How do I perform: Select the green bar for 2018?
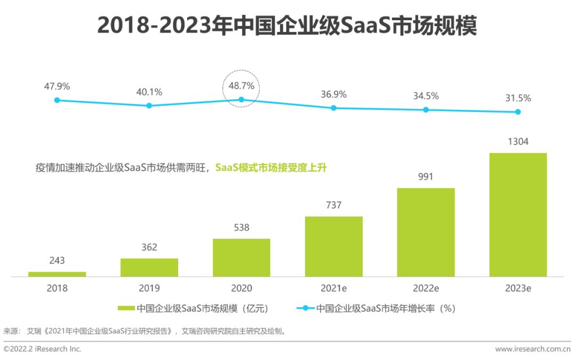point(57,274)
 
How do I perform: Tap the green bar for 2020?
point(242,258)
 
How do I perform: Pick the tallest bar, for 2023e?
point(518,214)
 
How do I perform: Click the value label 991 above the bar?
point(426,177)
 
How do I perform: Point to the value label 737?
point(333,205)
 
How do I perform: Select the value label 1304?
point(518,141)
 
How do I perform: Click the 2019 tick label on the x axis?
point(149,289)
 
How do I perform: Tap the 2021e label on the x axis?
point(333,289)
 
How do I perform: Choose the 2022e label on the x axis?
point(426,289)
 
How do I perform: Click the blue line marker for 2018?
point(57,100)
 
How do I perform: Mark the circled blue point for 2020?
point(242,99)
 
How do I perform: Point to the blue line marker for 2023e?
point(518,112)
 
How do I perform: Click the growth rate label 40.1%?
point(149,92)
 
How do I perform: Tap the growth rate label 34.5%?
point(426,96)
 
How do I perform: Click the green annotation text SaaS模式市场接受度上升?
point(270,167)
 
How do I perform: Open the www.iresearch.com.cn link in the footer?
point(533,349)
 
